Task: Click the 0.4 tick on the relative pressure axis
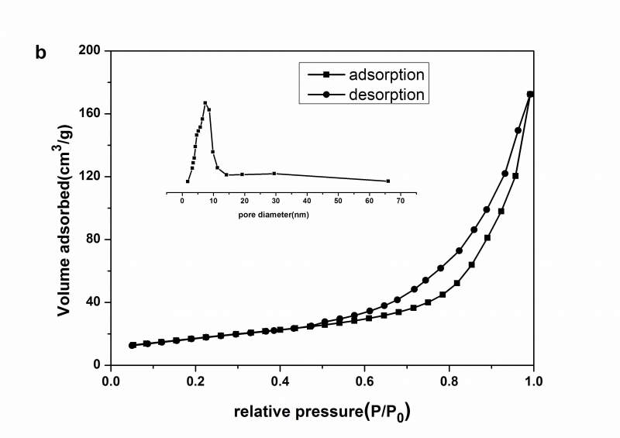[x=280, y=381]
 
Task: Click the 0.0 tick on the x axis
[x=111, y=381]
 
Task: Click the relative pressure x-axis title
[x=322, y=412]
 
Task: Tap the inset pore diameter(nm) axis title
[x=274, y=213]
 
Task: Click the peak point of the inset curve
[x=205, y=103]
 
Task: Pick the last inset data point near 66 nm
[x=388, y=181]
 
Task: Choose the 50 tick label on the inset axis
[x=338, y=201]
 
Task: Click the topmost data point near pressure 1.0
[x=530, y=95]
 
